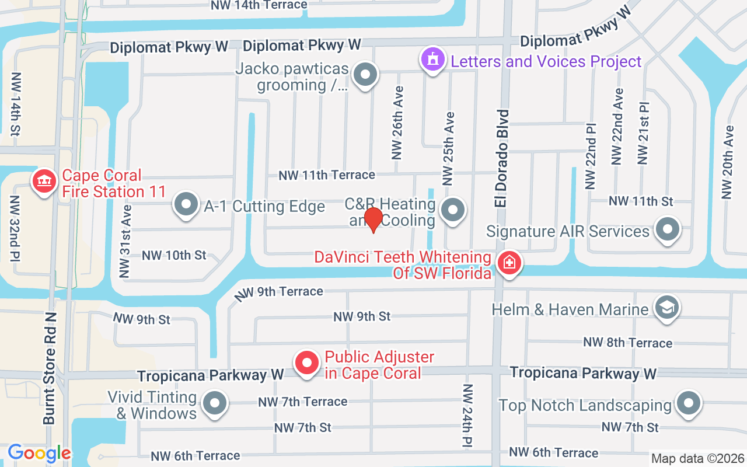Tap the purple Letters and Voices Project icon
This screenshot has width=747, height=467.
(x=432, y=60)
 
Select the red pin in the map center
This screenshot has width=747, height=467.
(x=373, y=219)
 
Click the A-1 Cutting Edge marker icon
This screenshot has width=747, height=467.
(x=187, y=205)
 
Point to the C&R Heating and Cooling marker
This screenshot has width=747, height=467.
(x=453, y=210)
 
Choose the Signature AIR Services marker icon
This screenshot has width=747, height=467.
(x=668, y=229)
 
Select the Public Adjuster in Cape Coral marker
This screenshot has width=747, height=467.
(x=307, y=363)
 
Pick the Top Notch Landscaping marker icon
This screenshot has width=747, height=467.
(x=689, y=404)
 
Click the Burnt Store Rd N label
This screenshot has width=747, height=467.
(x=50, y=368)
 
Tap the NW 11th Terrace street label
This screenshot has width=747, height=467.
(x=327, y=175)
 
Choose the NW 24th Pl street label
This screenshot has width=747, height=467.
(x=467, y=416)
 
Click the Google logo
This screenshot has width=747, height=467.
(x=39, y=452)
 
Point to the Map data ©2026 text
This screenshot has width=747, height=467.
(x=697, y=458)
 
